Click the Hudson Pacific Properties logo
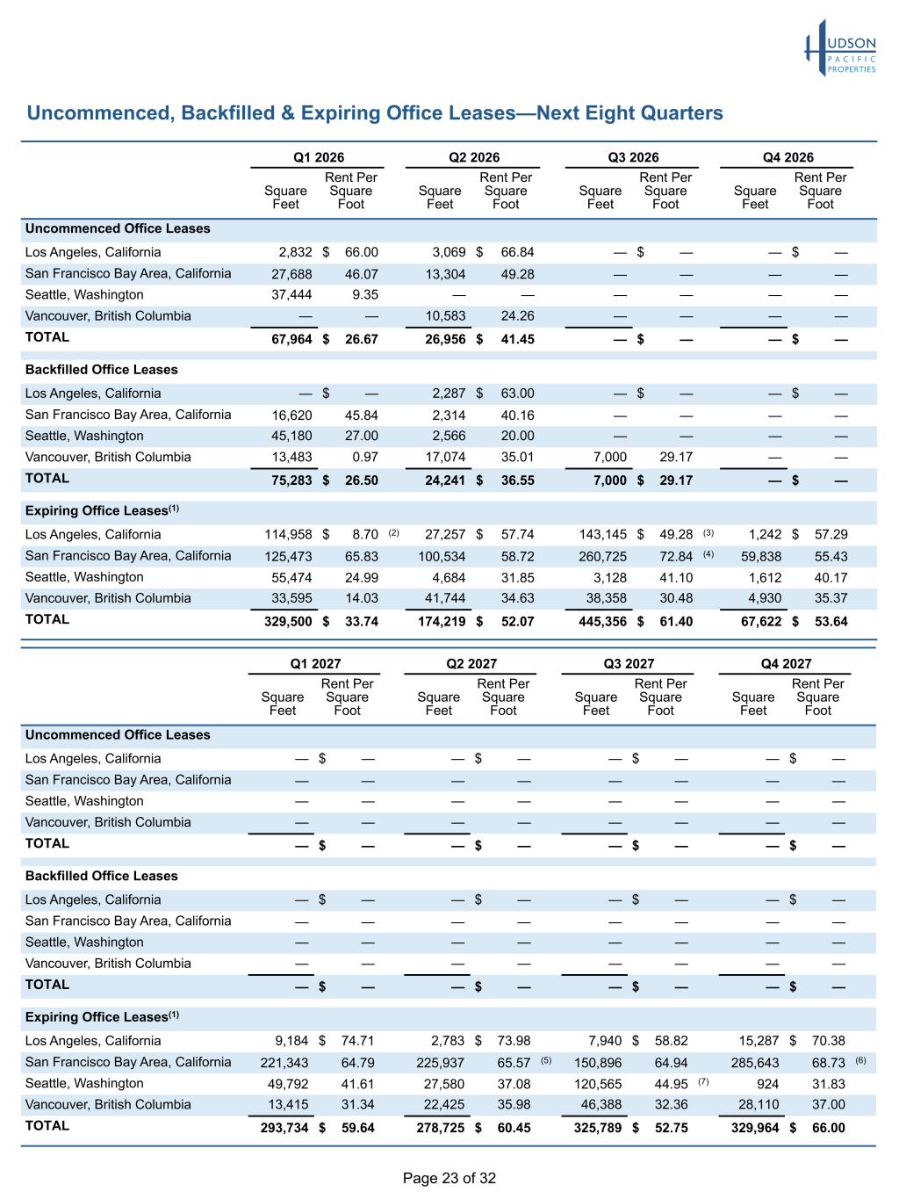(840, 48)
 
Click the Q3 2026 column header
(633, 157)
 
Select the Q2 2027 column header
(471, 664)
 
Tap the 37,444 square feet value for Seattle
(291, 295)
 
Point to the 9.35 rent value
(365, 295)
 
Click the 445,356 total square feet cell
(602, 621)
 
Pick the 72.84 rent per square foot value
(675, 557)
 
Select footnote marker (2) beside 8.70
(393, 533)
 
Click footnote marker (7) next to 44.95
(703, 1081)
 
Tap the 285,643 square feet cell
(755, 1063)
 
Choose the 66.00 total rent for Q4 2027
(829, 1128)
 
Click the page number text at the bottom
(449, 1179)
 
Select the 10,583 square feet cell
(445, 316)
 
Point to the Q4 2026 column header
(788, 157)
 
